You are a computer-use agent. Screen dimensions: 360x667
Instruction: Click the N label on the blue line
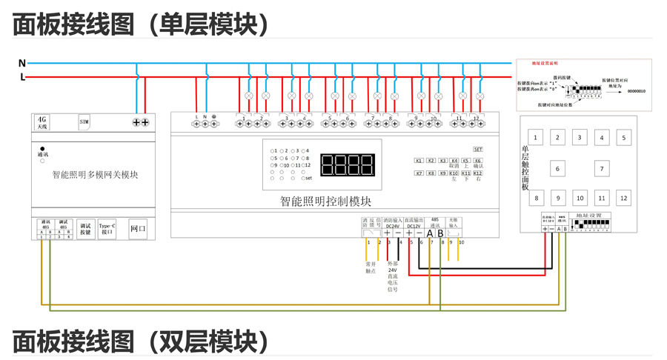22,64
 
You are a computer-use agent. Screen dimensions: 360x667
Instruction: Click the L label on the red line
22,77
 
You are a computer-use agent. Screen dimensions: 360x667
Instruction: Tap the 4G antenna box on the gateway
42,123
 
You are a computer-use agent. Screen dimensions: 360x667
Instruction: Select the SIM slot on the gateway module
84,122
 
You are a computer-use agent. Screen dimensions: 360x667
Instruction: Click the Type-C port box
107,229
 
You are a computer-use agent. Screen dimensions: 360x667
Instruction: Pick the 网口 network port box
138,229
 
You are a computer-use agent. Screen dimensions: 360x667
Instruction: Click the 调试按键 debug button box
84,229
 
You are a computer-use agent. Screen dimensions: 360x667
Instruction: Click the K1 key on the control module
419,161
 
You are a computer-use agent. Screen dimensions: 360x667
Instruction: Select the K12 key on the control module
478,173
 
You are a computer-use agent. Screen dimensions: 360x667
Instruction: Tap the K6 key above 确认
478,161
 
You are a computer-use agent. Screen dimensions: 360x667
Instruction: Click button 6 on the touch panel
558,169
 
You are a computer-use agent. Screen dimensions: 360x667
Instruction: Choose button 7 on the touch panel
602,169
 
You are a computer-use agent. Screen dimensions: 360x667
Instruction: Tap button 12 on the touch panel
624,198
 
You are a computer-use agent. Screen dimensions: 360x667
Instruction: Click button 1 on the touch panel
536,138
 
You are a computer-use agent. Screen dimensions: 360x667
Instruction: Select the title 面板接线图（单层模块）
141,24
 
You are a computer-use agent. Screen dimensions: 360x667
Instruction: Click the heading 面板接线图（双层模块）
141,342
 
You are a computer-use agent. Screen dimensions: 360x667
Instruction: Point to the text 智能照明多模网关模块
95,175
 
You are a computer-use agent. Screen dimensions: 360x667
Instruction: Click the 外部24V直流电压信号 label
392,276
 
